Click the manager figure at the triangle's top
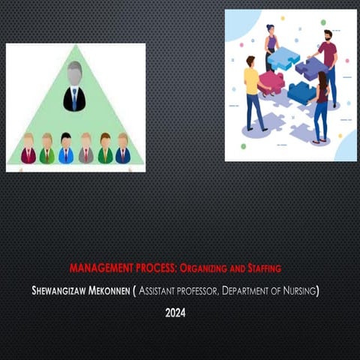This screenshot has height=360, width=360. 74,87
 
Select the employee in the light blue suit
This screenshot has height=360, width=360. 66,148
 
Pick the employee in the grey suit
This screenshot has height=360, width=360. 85,148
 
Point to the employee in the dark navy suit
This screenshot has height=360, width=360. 122,148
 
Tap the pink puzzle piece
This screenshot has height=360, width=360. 271,82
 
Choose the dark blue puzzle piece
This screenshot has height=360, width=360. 301,92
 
